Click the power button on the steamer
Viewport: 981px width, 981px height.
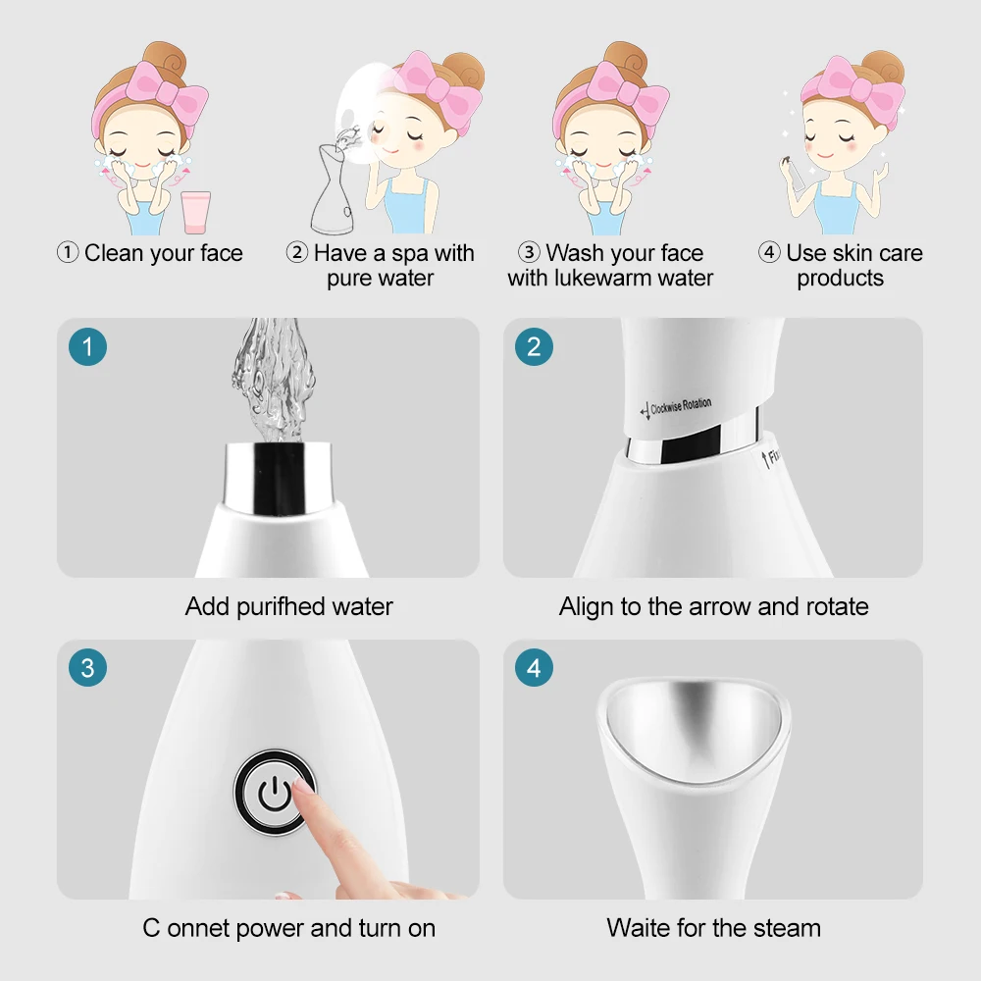[275, 792]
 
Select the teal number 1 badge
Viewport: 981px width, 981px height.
[87, 346]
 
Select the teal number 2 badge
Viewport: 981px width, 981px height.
[534, 346]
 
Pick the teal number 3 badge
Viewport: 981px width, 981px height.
[87, 669]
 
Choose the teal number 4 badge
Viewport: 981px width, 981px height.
[534, 669]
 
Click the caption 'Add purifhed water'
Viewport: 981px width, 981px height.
[288, 607]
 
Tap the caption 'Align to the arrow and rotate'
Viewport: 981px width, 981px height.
[713, 607]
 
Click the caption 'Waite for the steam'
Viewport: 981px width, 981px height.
[713, 927]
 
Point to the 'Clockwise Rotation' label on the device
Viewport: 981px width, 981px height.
[678, 406]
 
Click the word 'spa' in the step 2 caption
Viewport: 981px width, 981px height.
[409, 253]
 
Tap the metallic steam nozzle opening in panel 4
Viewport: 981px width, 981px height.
[693, 721]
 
